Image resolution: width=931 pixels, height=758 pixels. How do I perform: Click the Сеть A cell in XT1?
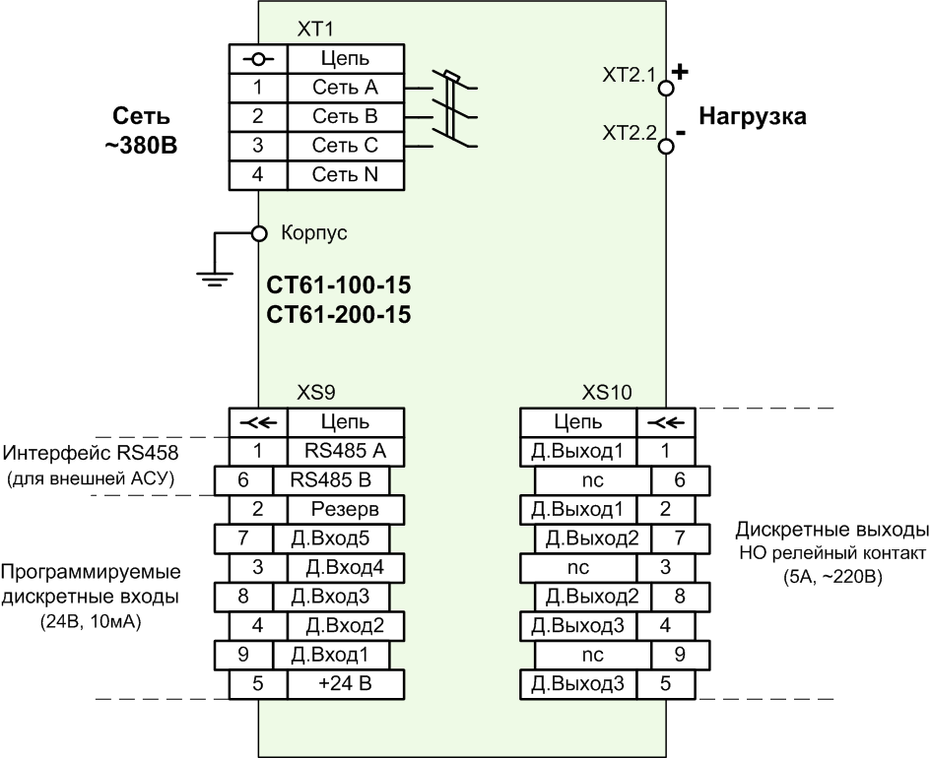click(346, 88)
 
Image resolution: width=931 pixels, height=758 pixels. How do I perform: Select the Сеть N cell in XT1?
click(346, 175)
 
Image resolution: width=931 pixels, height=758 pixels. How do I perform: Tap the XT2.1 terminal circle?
click(666, 89)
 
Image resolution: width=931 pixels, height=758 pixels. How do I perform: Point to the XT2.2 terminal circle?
click(666, 146)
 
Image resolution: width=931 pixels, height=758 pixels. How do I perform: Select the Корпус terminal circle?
click(259, 233)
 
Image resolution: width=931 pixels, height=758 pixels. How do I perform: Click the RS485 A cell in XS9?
click(346, 452)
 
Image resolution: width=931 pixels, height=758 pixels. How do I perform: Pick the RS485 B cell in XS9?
click(331, 480)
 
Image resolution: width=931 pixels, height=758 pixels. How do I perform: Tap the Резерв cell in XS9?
click(346, 510)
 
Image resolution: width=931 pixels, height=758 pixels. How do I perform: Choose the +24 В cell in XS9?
click(346, 684)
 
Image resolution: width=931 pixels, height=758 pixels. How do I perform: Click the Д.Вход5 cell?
click(331, 538)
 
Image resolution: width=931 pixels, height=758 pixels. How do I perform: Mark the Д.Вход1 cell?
click(331, 655)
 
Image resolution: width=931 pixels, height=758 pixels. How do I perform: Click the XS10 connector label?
click(607, 393)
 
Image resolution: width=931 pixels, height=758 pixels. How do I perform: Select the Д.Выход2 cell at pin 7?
click(592, 538)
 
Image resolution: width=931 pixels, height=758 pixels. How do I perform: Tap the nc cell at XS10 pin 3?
click(578, 568)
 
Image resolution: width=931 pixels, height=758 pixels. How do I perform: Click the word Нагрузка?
click(753, 116)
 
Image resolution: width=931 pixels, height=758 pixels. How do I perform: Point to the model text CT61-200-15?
click(339, 315)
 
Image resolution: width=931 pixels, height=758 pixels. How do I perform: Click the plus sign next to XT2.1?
click(681, 72)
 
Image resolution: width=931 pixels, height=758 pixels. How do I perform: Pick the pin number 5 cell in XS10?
click(666, 684)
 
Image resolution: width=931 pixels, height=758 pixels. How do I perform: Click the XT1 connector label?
click(315, 30)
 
